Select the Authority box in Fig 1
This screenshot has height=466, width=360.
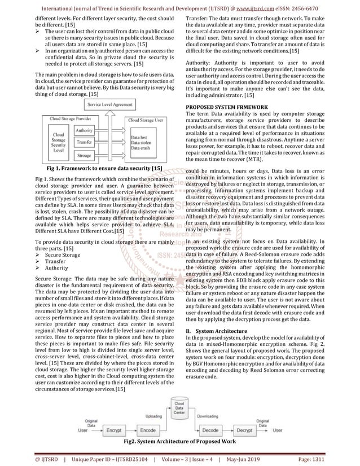[x=84, y=130]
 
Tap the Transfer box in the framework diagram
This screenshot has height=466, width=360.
[x=84, y=142]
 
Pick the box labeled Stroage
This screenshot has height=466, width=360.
[x=84, y=155]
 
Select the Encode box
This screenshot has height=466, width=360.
[x=148, y=430]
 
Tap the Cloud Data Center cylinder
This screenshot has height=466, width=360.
[x=179, y=408]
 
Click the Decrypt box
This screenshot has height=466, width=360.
[x=244, y=430]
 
